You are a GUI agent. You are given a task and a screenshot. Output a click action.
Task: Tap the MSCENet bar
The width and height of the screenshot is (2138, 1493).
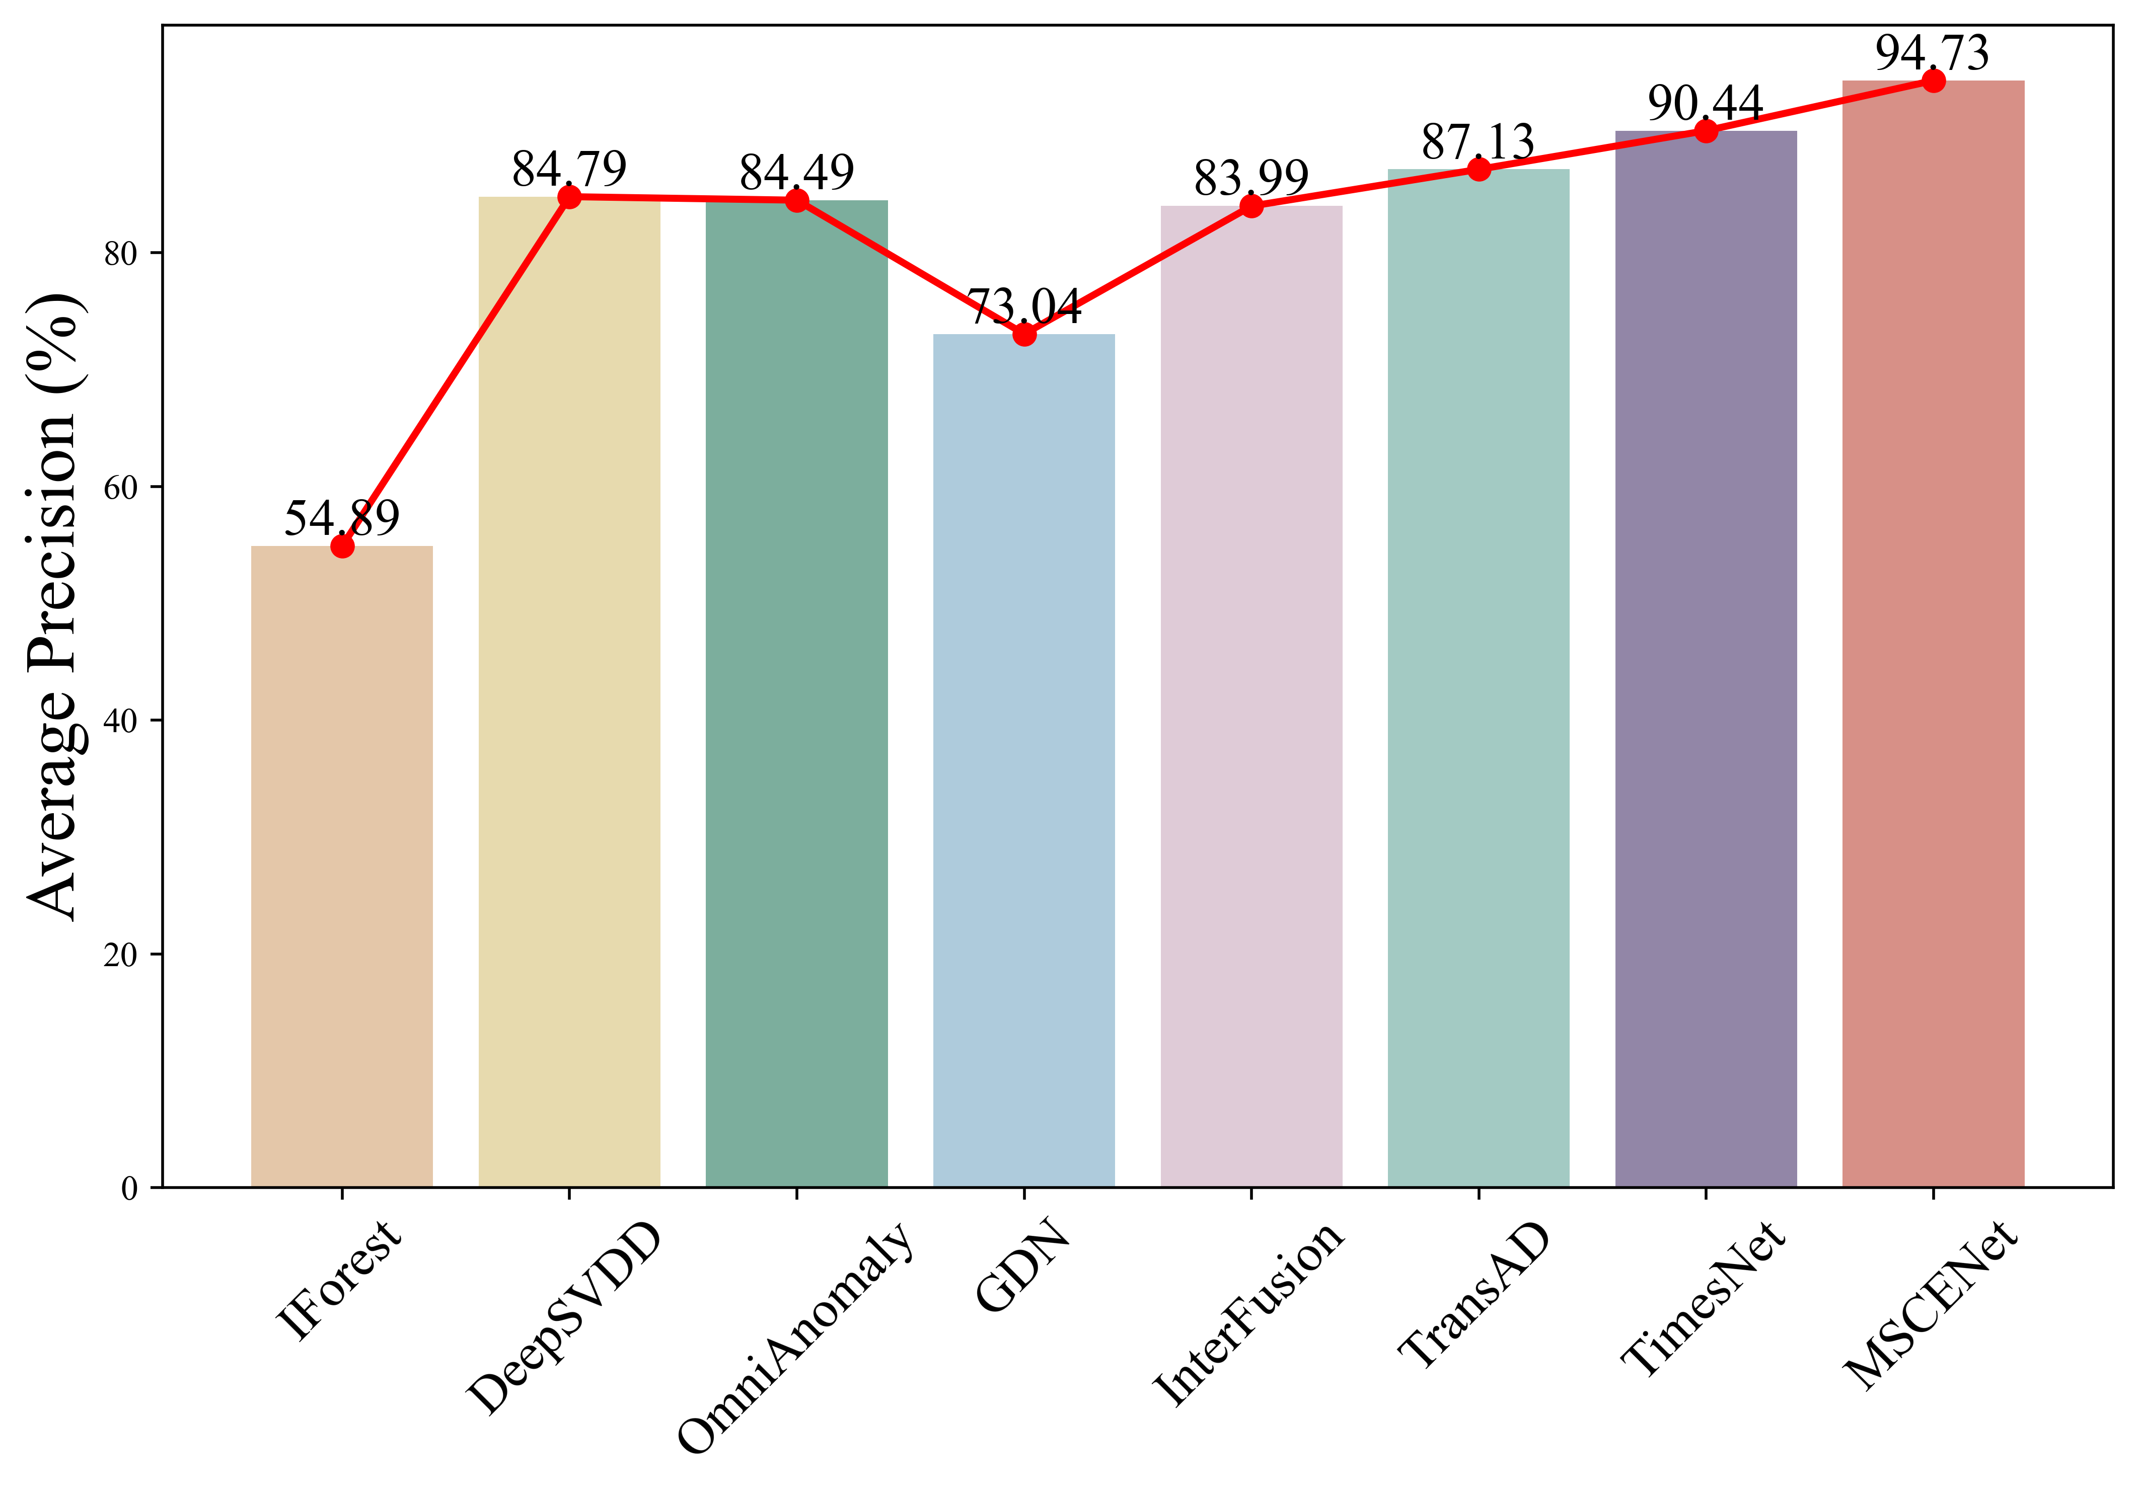[x=1933, y=634]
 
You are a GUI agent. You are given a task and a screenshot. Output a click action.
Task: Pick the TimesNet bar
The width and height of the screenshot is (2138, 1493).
[x=1706, y=659]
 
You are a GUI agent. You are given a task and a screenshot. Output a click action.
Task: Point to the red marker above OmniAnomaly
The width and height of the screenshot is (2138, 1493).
[x=796, y=200]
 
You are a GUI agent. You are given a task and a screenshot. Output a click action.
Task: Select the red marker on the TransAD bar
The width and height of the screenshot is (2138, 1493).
[x=1479, y=170]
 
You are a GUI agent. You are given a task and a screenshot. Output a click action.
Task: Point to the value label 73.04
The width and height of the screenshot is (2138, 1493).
[x=1024, y=306]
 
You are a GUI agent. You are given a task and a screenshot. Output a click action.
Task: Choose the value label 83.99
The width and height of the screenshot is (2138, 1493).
[x=1251, y=178]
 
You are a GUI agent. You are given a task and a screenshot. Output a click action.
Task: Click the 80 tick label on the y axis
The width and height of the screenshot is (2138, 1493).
[x=121, y=253]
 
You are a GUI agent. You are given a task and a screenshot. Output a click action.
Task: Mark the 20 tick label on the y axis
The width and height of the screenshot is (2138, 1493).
[x=121, y=954]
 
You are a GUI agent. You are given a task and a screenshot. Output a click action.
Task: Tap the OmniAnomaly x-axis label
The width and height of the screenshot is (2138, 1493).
[x=794, y=1335]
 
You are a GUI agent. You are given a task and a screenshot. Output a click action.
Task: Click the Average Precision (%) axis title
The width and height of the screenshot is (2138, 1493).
[x=54, y=607]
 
